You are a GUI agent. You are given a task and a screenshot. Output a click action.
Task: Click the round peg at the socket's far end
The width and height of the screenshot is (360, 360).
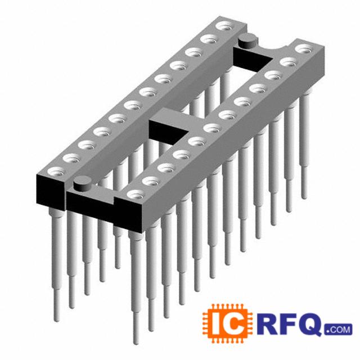click(x=248, y=40)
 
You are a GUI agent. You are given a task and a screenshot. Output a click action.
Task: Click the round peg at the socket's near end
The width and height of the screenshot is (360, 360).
click(x=82, y=183)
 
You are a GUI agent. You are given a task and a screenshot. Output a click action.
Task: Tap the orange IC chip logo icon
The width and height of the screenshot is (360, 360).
click(x=227, y=324)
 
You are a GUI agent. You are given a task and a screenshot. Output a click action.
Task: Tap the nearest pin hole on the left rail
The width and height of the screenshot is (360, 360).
click(x=56, y=172)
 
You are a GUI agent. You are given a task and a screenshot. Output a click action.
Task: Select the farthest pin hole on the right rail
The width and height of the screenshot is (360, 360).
click(x=304, y=49)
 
